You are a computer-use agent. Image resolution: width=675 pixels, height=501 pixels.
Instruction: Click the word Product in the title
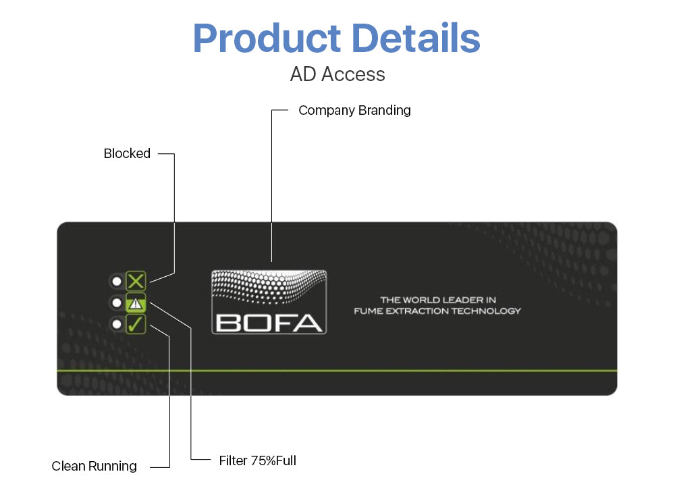tap(267, 38)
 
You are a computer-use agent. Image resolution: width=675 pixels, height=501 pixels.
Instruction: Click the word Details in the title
tap(416, 38)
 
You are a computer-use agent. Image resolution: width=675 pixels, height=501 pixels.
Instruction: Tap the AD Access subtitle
tap(337, 74)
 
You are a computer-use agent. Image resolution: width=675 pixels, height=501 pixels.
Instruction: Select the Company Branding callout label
tap(354, 110)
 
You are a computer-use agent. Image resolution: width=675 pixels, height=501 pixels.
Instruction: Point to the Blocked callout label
tap(127, 153)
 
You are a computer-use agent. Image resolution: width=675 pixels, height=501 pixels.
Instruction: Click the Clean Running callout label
tap(94, 466)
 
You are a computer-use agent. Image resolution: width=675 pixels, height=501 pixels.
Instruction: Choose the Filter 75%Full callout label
tap(257, 460)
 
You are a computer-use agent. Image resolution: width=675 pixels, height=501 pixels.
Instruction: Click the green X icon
tap(136, 282)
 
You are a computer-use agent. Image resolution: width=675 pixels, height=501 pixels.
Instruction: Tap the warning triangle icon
tap(136, 303)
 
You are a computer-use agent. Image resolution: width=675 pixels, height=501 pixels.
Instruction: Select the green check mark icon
tap(136, 324)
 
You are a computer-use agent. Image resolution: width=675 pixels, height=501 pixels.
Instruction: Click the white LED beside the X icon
tap(117, 282)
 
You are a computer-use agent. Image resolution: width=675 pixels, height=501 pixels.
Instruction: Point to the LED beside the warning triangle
tap(117, 303)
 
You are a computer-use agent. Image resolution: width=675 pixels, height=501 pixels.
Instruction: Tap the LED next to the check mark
tap(117, 324)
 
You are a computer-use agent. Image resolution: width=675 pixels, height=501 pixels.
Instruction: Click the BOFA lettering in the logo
tap(269, 323)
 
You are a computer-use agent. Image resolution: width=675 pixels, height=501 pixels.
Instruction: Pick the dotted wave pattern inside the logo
tap(269, 286)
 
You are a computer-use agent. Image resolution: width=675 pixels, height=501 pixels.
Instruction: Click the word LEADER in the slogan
tap(462, 300)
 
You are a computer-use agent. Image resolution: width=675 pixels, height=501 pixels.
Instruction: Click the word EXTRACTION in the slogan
tap(417, 311)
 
